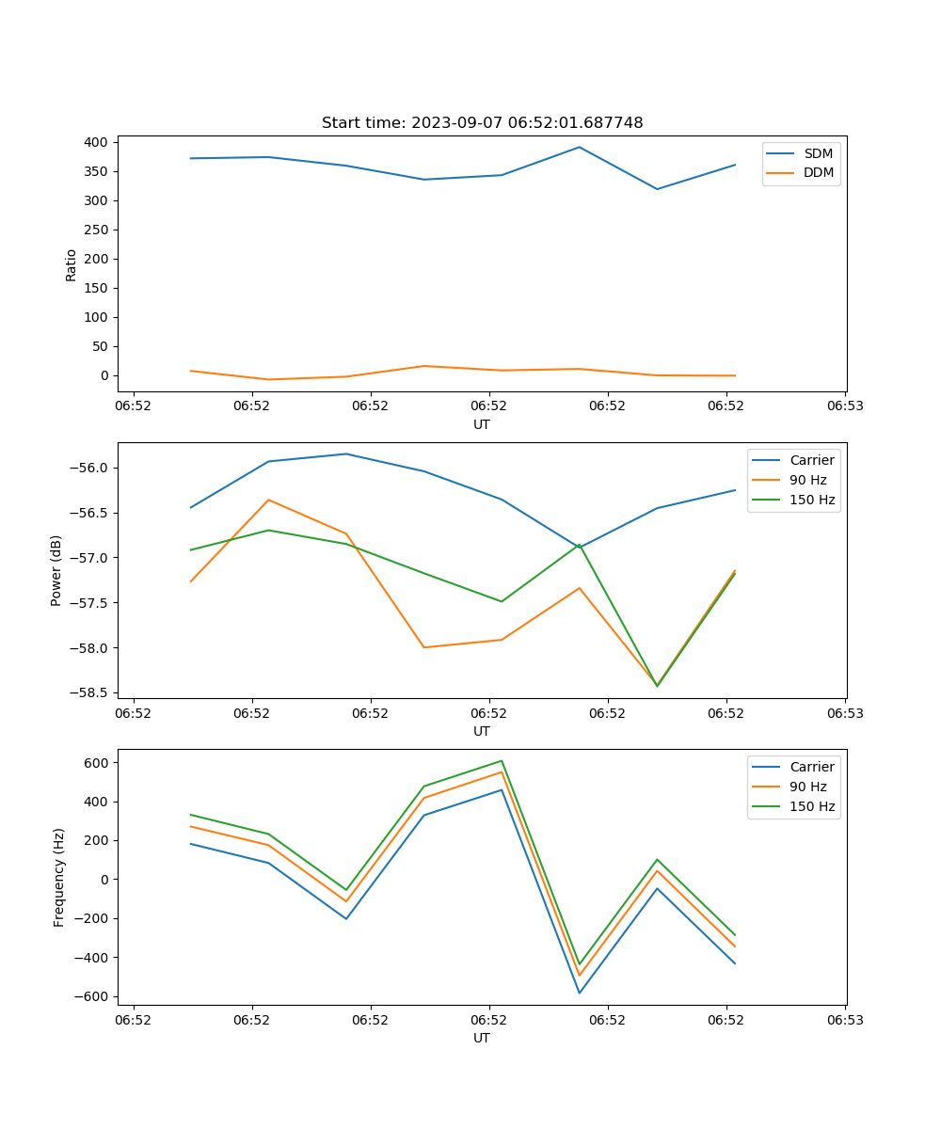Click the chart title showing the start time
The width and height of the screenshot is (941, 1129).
(482, 123)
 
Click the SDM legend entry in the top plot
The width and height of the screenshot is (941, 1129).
(818, 153)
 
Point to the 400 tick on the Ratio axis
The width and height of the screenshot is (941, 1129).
(96, 142)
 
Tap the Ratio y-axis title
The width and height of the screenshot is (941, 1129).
(72, 265)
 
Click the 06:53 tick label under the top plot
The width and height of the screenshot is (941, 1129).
(844, 406)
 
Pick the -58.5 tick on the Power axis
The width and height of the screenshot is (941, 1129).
(90, 692)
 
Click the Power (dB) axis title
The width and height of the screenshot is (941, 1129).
(57, 570)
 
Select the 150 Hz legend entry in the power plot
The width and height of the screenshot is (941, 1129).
(812, 501)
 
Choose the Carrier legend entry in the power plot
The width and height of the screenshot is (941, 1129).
(811, 460)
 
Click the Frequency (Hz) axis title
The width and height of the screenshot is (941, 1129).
(59, 877)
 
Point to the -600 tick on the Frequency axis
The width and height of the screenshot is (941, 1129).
(92, 996)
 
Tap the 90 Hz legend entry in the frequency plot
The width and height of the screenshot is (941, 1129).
(807, 787)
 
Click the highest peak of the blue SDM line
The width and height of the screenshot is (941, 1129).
(580, 147)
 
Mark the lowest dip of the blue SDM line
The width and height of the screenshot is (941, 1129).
(657, 189)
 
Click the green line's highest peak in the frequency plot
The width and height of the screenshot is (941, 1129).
(502, 760)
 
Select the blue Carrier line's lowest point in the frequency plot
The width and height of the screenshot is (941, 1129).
(580, 993)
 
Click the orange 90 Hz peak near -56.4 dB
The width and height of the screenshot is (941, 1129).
(268, 500)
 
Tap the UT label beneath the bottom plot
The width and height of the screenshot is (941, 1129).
(482, 1039)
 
